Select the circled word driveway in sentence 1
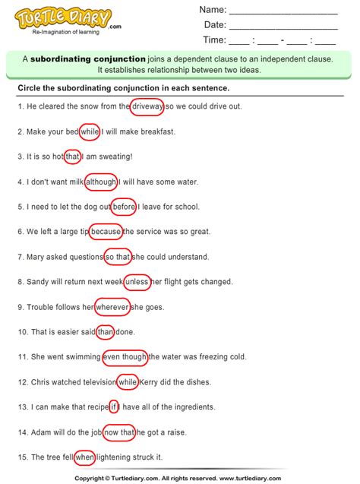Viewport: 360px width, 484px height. pyautogui.click(x=147, y=106)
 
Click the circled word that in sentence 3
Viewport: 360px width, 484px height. pyautogui.click(x=73, y=157)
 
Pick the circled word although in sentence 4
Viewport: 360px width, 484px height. pyautogui.click(x=101, y=182)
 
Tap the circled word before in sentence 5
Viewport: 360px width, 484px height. pyautogui.click(x=123, y=207)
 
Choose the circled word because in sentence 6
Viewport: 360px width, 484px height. pyautogui.click(x=105, y=232)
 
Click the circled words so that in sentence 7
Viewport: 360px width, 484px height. pyautogui.click(x=118, y=257)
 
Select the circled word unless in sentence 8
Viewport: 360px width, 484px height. pyautogui.click(x=137, y=282)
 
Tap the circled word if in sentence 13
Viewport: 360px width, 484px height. pyautogui.click(x=114, y=406)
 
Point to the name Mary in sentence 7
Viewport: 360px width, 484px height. pyautogui.click(x=36, y=257)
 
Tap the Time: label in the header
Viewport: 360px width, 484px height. pyautogui.click(x=214, y=40)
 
